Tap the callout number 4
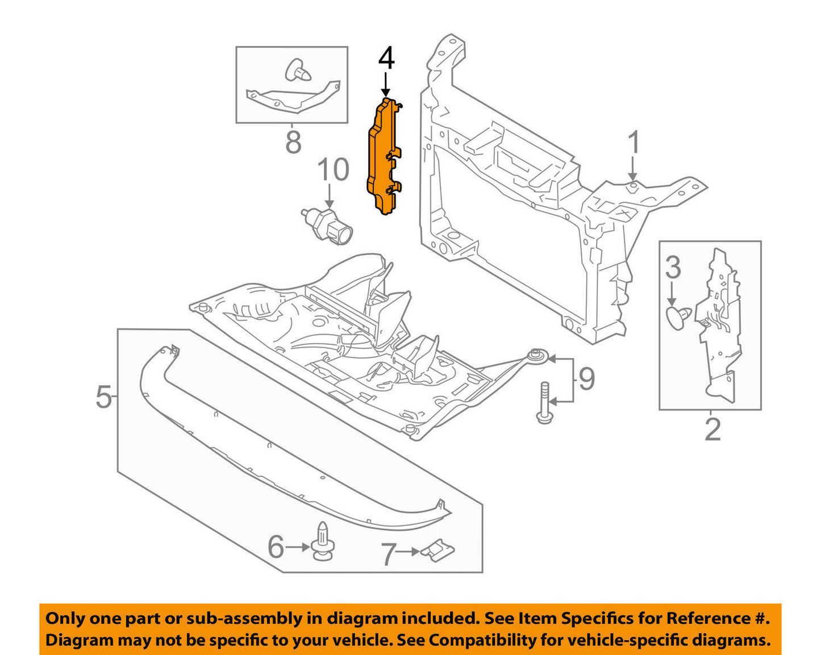coord(386,59)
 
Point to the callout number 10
coord(332,170)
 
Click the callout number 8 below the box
coord(293,141)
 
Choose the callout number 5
coord(103,397)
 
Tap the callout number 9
coord(586,379)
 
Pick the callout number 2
coord(712,429)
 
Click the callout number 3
coord(673,267)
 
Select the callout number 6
coord(276,548)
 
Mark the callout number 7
coord(388,554)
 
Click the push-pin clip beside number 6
coord(322,540)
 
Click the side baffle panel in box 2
coord(719,324)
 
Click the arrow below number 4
coord(386,85)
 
